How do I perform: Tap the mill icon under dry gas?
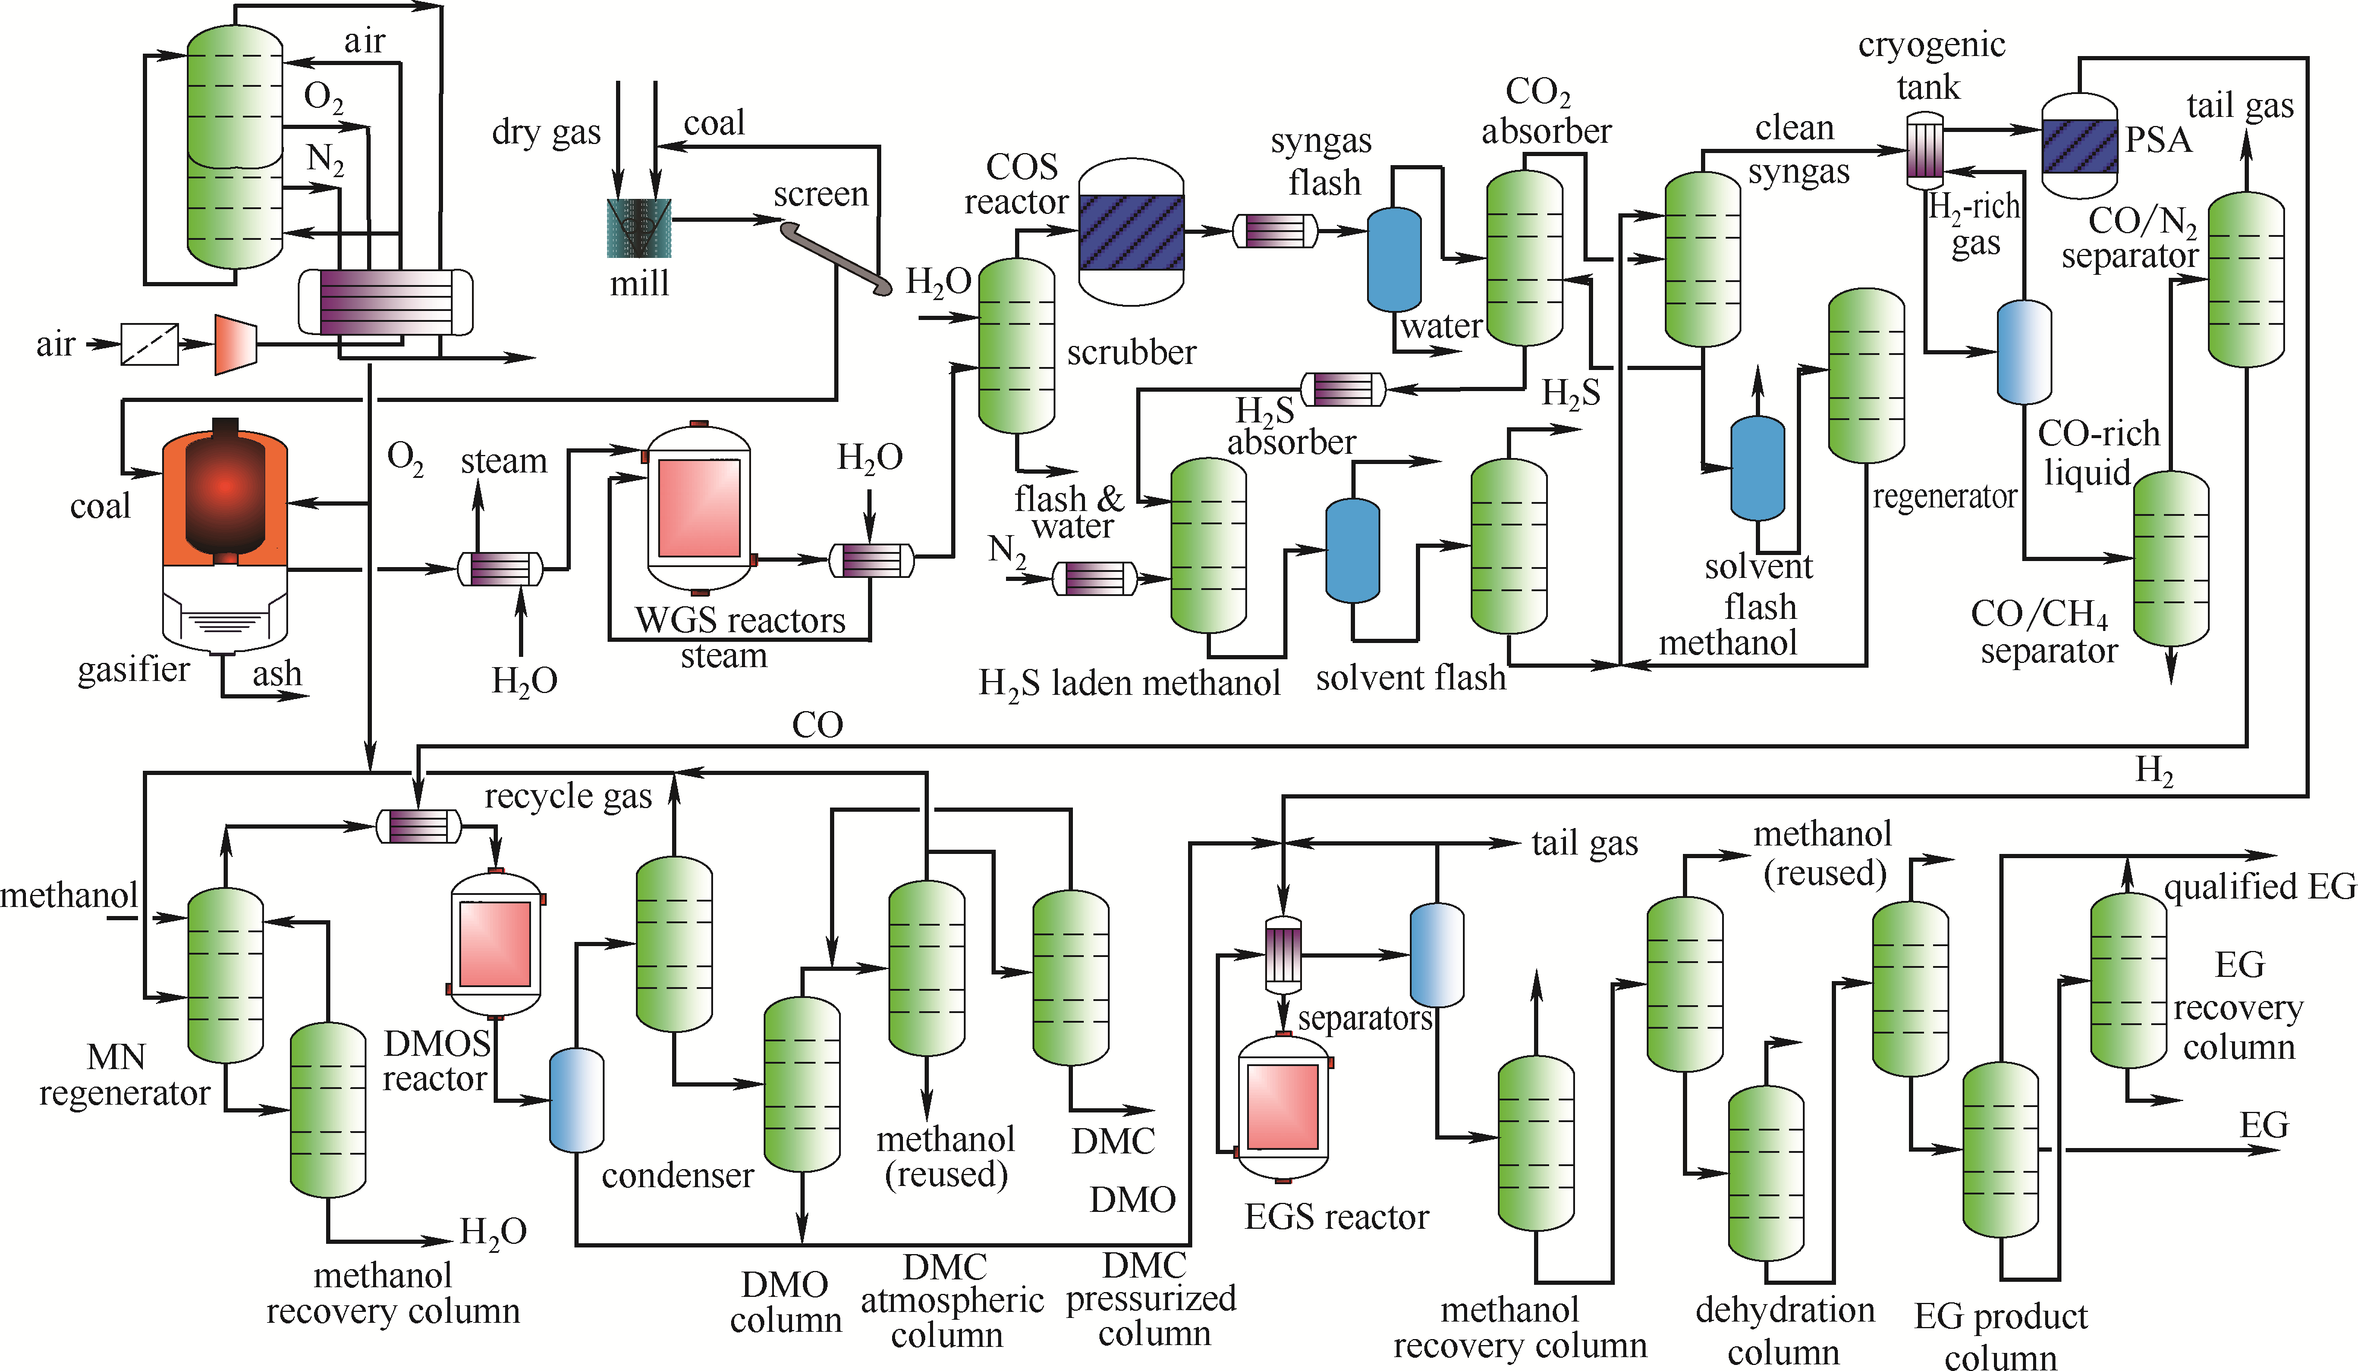(x=639, y=227)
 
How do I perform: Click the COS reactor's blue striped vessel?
(x=1131, y=232)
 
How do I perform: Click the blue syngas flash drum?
(x=1394, y=259)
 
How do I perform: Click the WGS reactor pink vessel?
(x=699, y=508)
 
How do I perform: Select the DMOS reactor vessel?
(x=495, y=943)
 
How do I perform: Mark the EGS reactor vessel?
(x=1283, y=1106)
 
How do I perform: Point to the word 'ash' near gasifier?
(x=277, y=674)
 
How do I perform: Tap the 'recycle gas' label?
(x=568, y=797)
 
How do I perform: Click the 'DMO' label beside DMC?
(x=1132, y=1200)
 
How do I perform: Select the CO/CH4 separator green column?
(x=2171, y=559)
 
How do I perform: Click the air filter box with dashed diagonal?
(x=149, y=344)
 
